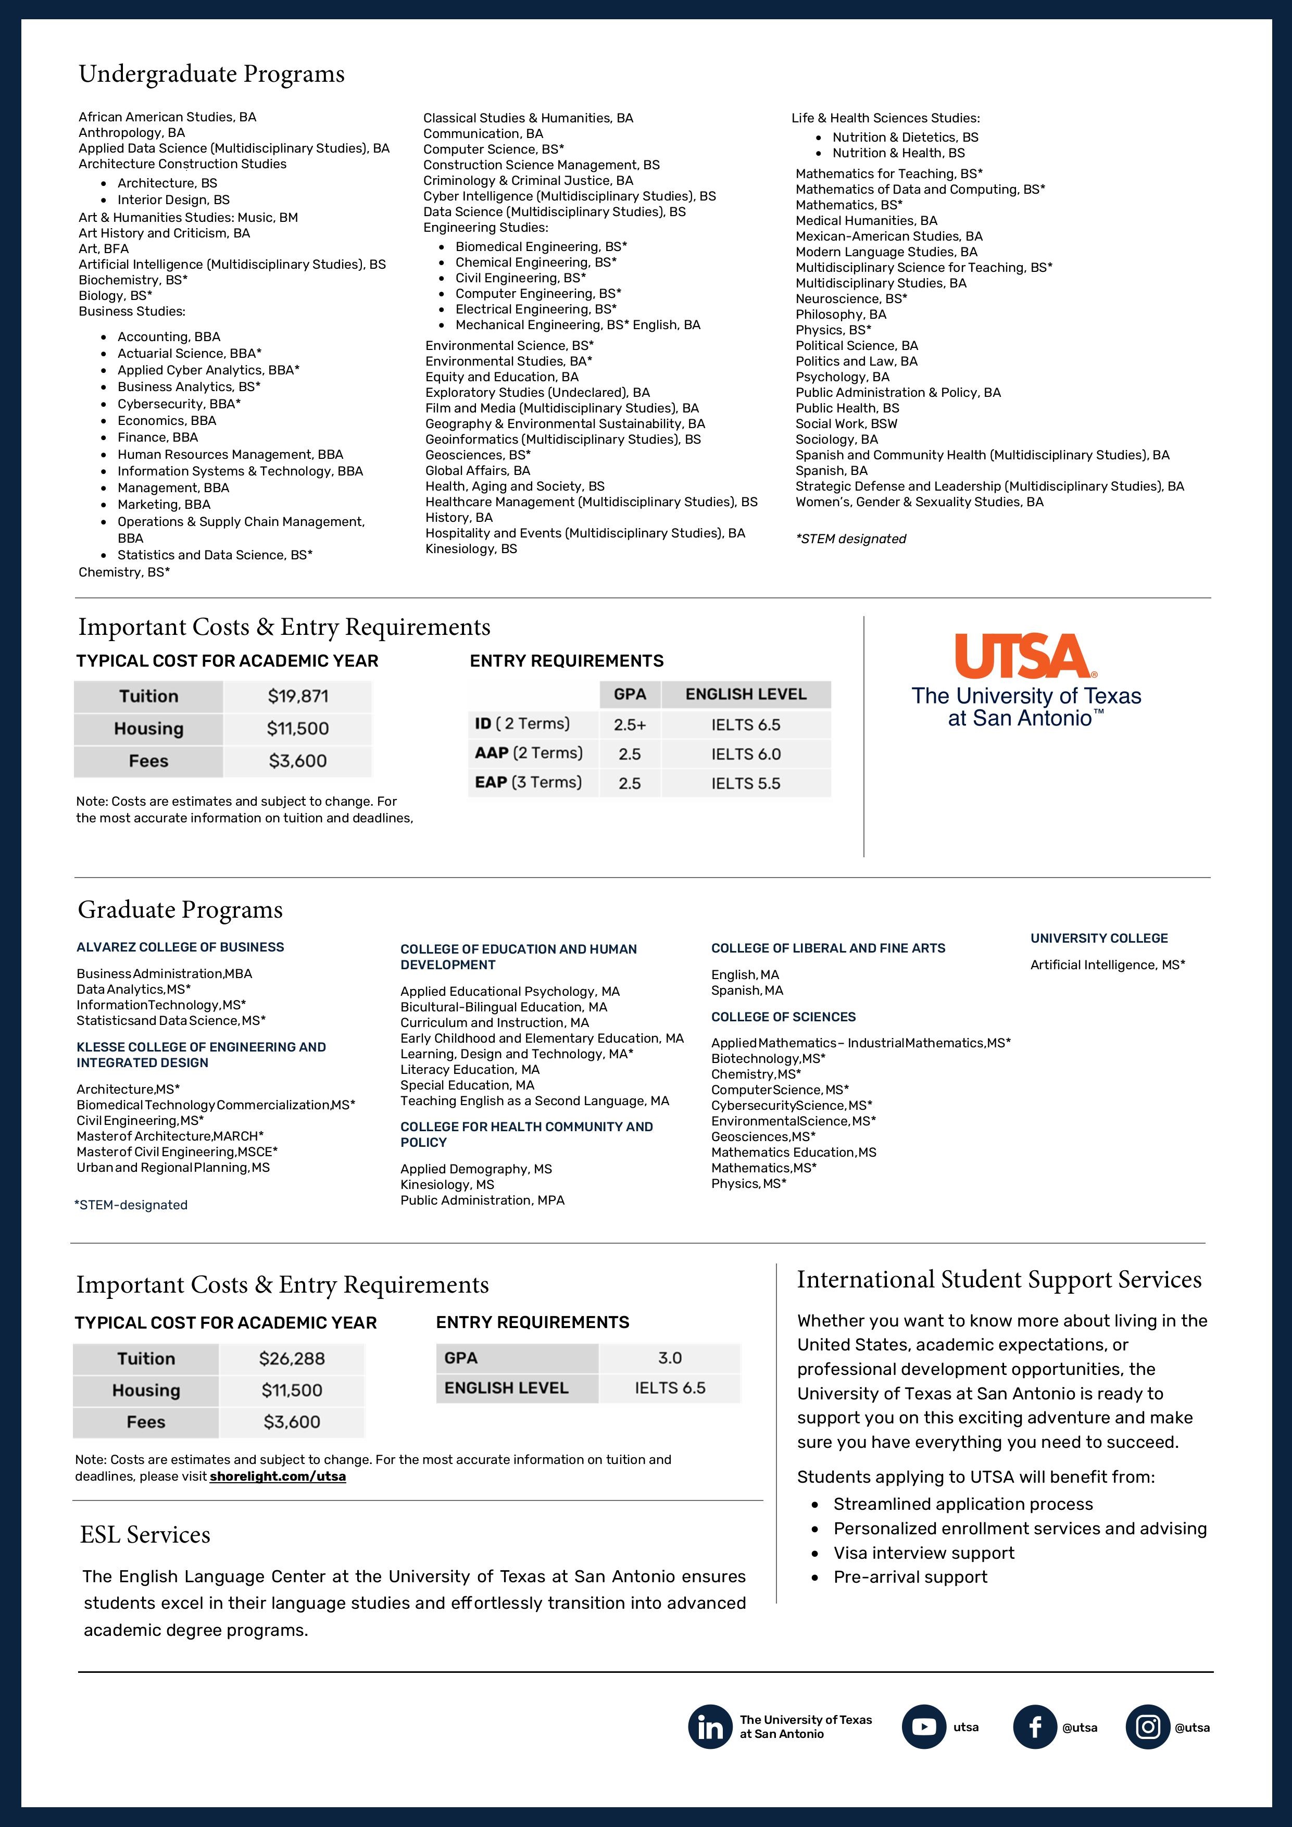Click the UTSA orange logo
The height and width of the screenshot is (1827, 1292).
(1025, 656)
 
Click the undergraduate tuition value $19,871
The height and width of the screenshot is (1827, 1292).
(297, 696)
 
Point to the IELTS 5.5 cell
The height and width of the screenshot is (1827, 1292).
(745, 783)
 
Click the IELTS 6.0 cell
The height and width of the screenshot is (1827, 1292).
(745, 754)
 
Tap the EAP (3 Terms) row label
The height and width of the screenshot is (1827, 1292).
(528, 782)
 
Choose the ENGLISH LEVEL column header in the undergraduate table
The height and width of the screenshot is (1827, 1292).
(745, 694)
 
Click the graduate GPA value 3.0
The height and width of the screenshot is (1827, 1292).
(669, 1358)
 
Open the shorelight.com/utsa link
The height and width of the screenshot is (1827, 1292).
(278, 1476)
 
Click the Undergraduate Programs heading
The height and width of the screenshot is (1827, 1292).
(211, 74)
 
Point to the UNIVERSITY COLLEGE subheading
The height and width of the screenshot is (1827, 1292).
(1099, 938)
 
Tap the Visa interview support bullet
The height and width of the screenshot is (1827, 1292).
(924, 1553)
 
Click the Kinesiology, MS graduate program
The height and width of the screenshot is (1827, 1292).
(447, 1184)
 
